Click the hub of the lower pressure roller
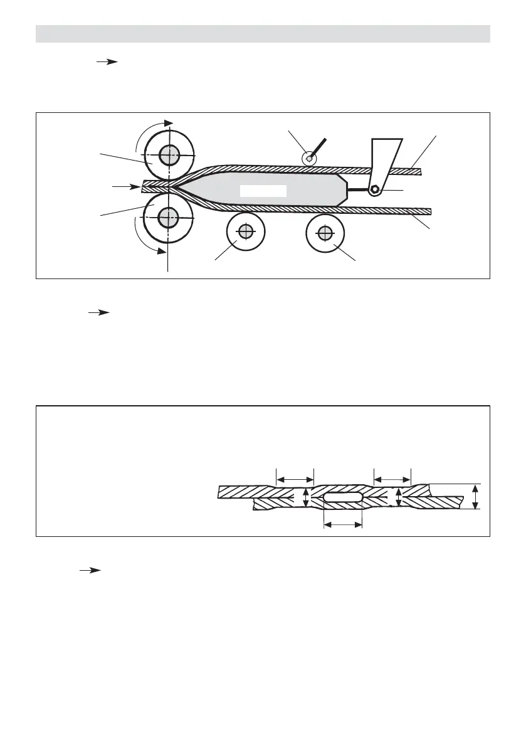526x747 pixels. [167, 218]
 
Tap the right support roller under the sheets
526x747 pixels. [324, 233]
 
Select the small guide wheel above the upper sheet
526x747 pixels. [308, 159]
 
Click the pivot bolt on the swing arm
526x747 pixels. [375, 189]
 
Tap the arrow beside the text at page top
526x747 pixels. [108, 62]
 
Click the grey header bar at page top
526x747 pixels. [263, 34]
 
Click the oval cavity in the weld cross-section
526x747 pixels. [343, 497]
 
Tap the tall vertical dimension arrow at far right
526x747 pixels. [476, 497]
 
